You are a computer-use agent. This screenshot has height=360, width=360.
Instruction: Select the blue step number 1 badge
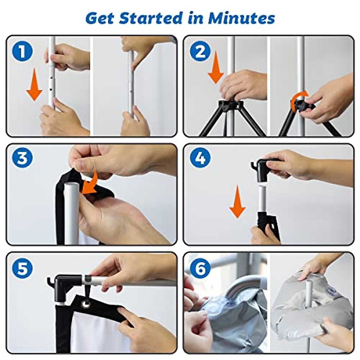click(x=22, y=51)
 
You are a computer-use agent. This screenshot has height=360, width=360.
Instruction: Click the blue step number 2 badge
click(x=200, y=51)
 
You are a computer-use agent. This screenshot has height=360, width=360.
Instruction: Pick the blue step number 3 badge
click(x=22, y=157)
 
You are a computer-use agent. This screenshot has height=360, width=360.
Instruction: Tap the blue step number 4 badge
click(x=200, y=157)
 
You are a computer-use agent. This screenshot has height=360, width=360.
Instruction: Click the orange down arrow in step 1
click(x=34, y=85)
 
